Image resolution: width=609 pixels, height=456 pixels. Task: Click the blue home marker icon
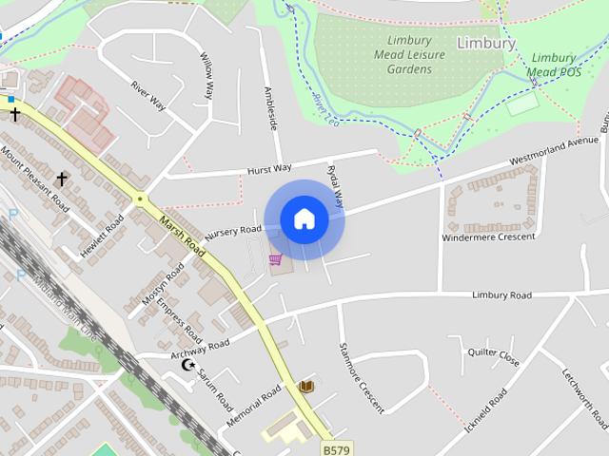coord(304,219)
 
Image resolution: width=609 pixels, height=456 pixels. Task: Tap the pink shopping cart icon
coord(275,259)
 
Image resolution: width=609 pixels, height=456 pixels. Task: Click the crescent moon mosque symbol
coord(187,365)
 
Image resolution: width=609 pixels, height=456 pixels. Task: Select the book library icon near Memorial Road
coord(306,387)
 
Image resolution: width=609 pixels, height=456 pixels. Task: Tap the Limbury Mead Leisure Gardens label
coord(409,55)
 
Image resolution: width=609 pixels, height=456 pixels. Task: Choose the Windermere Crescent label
coord(488,237)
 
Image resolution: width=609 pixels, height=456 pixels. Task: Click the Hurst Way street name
coord(269,169)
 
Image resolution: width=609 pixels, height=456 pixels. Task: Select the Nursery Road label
coord(232,231)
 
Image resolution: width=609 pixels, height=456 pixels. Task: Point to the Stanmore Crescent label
coord(362,377)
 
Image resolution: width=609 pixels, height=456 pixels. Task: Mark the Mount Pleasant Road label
coord(35,179)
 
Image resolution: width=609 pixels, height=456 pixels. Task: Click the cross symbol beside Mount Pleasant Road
coord(62,179)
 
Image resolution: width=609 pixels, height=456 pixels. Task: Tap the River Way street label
coord(148,96)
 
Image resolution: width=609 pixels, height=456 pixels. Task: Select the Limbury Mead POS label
coord(553,65)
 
